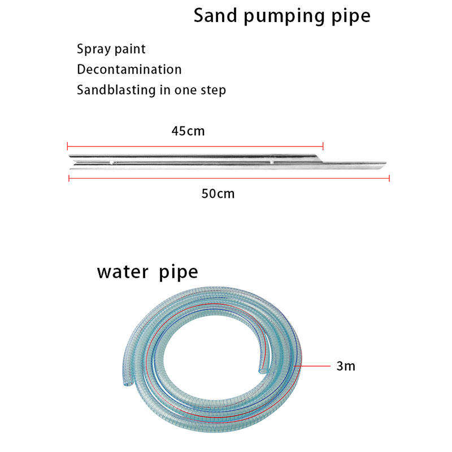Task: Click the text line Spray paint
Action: [x=111, y=49]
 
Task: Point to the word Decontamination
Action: [x=129, y=69]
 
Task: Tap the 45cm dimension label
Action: [x=188, y=131]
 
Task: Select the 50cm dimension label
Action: [x=218, y=194]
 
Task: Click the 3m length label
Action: [x=346, y=366]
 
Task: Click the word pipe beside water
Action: [x=178, y=273]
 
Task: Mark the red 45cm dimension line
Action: [x=195, y=145]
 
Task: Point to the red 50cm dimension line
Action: [x=229, y=178]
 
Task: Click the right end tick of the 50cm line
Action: [x=389, y=178]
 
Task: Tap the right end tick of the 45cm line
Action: [x=323, y=145]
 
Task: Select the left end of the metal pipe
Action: [x=69, y=161]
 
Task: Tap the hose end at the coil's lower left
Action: [x=124, y=382]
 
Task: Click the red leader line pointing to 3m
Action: [x=314, y=366]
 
